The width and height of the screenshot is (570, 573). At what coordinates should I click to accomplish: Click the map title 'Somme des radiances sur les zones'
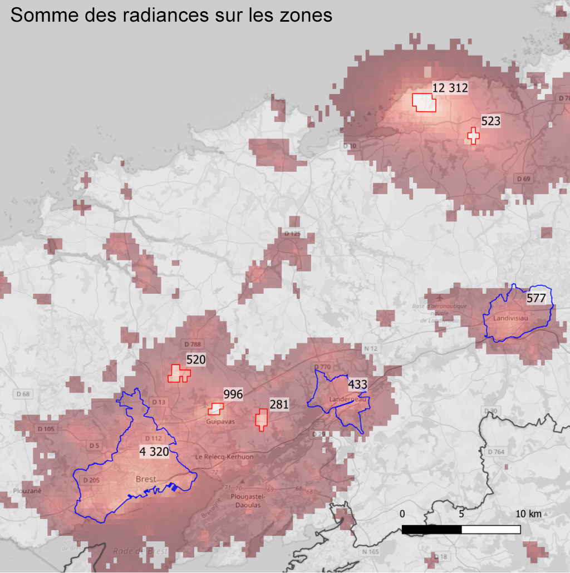click(x=171, y=15)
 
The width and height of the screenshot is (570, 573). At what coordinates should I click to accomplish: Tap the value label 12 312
click(x=450, y=88)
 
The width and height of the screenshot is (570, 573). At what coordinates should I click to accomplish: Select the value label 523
click(x=490, y=121)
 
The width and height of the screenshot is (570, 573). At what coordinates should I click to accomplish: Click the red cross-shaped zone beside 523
click(x=473, y=135)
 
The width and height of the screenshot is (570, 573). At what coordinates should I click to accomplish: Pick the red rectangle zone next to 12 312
click(x=424, y=103)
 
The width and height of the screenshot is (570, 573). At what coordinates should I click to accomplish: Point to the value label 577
click(x=536, y=298)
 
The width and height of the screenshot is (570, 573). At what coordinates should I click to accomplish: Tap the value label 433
click(x=357, y=384)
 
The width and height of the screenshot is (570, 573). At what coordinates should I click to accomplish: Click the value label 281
click(x=279, y=404)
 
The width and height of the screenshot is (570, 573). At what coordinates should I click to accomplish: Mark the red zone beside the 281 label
click(x=262, y=419)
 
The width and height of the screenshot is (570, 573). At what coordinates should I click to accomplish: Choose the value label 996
click(x=233, y=394)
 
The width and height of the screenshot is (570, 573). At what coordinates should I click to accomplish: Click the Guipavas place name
click(x=221, y=422)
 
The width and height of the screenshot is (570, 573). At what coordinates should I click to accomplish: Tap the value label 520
click(x=196, y=360)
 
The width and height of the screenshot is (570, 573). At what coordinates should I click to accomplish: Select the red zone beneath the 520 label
click(x=179, y=374)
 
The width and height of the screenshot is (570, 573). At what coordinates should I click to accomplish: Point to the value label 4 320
click(x=154, y=452)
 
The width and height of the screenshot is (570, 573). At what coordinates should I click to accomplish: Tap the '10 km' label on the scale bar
click(x=528, y=513)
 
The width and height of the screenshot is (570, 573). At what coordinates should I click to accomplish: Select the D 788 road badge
click(x=192, y=344)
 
